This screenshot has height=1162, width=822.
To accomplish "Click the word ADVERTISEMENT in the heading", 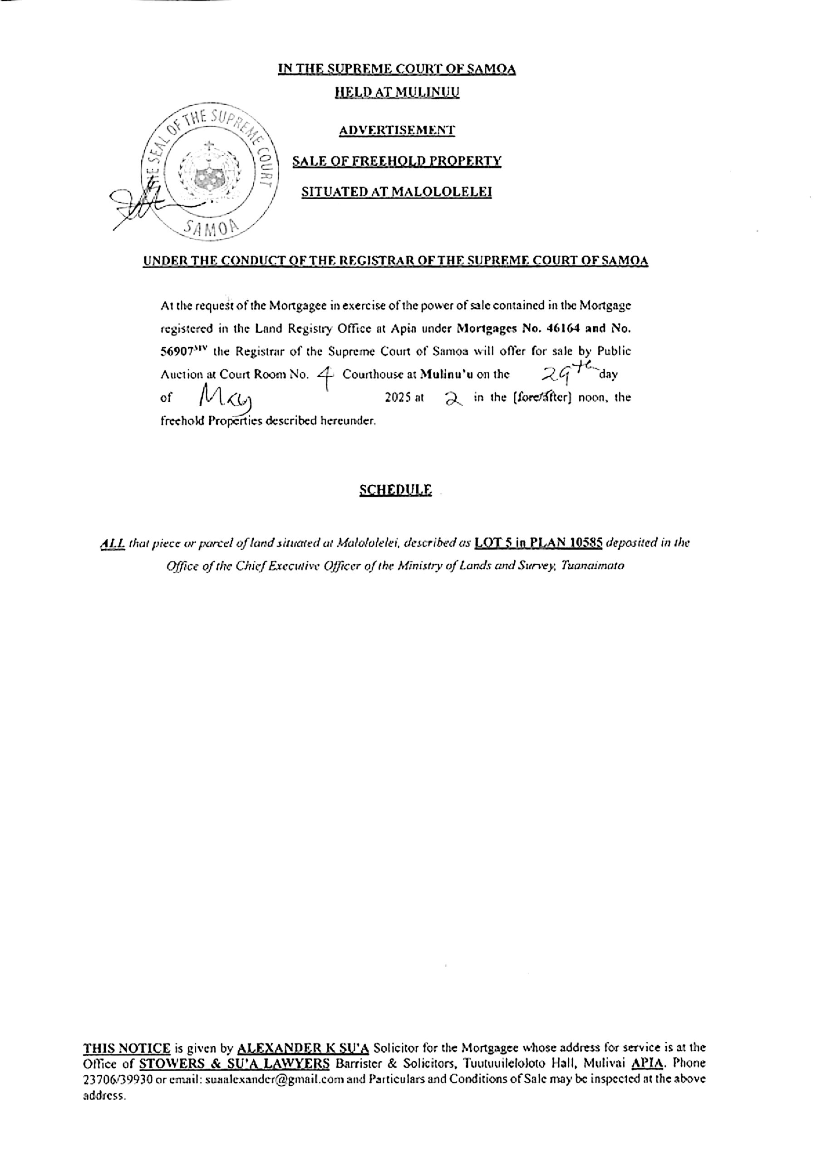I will tap(397, 131).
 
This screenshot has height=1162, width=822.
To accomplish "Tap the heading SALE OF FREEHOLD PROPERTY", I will tap(397, 162).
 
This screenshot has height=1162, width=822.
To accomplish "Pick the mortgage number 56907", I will tap(175, 351).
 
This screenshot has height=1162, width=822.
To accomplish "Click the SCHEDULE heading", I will tap(396, 490).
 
